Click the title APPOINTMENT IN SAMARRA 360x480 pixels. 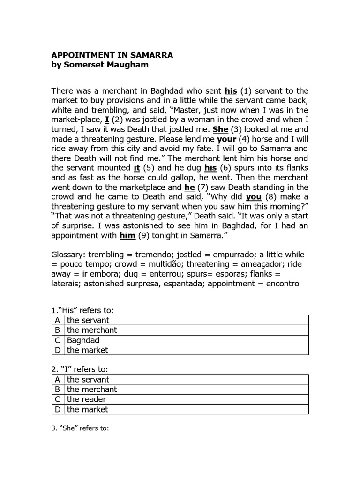[112, 55]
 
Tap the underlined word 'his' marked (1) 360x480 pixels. [231, 90]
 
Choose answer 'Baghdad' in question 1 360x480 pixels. [83, 340]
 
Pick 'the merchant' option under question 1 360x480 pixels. [91, 330]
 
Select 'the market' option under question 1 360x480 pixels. [87, 350]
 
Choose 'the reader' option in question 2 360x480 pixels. [86, 399]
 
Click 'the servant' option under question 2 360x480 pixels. [88, 380]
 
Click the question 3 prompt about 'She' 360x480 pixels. [80, 428]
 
